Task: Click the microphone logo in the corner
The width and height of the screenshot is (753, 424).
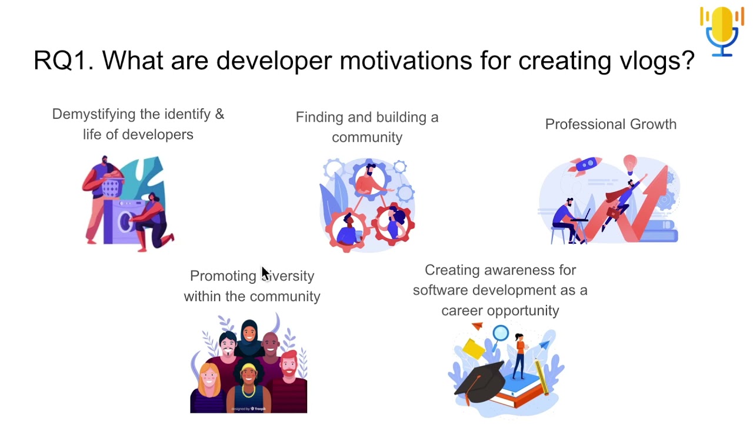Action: click(722, 31)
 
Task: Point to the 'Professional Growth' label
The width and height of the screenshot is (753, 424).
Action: click(611, 124)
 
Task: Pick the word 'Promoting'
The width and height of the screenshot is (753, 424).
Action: click(223, 276)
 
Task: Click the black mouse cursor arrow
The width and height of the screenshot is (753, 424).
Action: click(265, 274)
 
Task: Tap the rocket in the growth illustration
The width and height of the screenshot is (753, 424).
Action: click(585, 165)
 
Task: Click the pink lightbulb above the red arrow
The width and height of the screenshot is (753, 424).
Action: click(630, 162)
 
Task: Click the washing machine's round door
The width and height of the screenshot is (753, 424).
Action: click(125, 221)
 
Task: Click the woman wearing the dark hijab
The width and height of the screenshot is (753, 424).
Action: click(249, 336)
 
